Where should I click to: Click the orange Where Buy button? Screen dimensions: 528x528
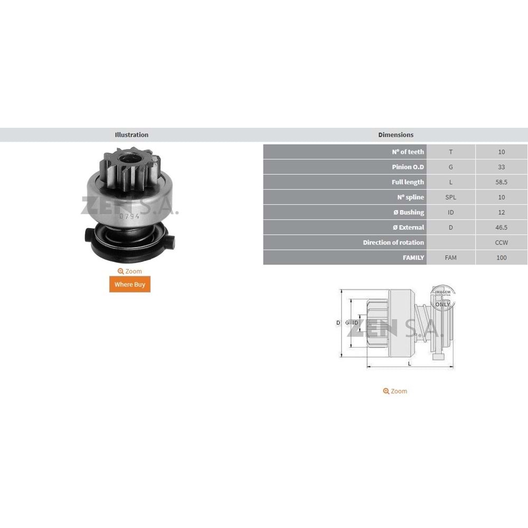click(129, 284)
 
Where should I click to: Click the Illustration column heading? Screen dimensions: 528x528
click(131, 135)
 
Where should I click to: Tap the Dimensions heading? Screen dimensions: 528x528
click(395, 135)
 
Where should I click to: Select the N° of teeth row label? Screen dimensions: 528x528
click(408, 152)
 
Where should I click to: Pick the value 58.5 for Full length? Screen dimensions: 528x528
click(501, 182)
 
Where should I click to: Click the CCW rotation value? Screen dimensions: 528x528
click(501, 242)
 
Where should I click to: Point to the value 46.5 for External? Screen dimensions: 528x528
click(501, 228)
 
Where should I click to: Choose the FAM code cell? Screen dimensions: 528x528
click(450, 258)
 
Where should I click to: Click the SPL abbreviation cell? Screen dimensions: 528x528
click(450, 197)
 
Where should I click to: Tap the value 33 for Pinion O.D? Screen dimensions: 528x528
click(501, 167)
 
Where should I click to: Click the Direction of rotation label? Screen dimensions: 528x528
click(393, 242)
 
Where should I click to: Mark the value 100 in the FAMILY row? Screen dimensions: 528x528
click(501, 258)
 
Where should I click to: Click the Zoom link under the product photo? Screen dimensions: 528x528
click(130, 271)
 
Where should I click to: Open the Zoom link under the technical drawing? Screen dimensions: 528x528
click(395, 391)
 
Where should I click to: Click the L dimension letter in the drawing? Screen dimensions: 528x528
click(409, 364)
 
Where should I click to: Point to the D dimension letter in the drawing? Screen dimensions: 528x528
click(338, 323)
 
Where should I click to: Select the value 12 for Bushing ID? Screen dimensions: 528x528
click(501, 212)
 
